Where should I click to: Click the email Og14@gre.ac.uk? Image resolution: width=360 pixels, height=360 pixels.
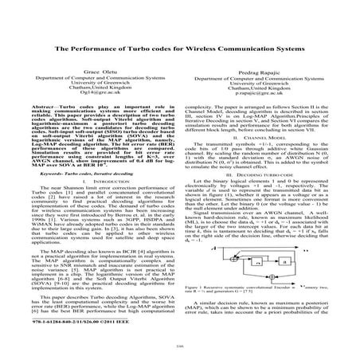(93, 93)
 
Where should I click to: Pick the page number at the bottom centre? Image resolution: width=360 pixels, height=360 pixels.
(180, 351)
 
